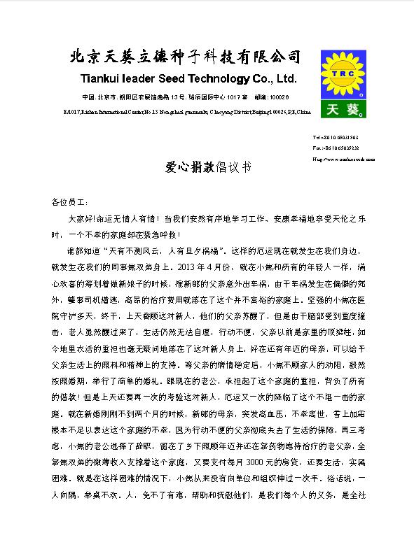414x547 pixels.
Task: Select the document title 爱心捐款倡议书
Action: (x=207, y=168)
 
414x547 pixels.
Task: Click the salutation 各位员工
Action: (x=69, y=201)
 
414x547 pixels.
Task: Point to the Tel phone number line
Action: (x=336, y=138)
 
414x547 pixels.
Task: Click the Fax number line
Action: (x=336, y=148)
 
